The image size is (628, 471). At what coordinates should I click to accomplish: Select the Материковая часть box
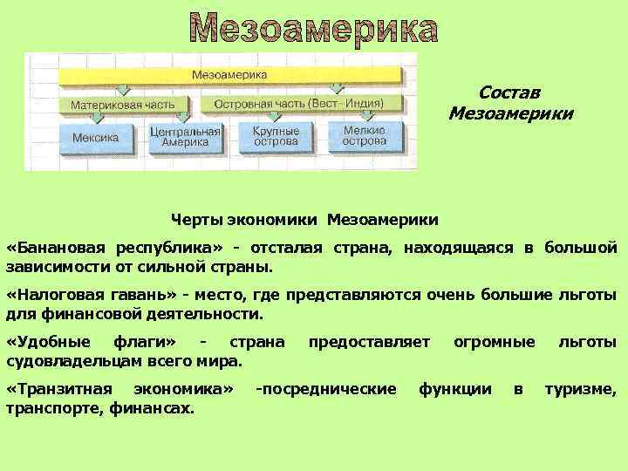coord(122,104)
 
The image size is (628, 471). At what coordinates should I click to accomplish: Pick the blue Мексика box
coord(96,137)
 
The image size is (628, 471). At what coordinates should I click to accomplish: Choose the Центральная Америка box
coord(185,137)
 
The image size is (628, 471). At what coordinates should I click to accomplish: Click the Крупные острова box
coord(276,137)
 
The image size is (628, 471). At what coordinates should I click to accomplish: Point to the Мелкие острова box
coord(364,137)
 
